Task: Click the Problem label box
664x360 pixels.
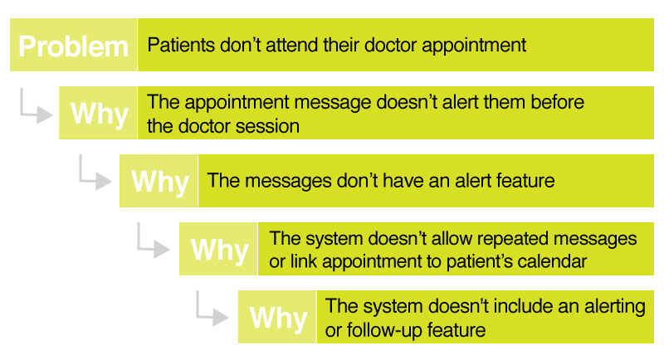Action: coord(73,45)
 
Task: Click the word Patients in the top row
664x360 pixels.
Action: coord(176,45)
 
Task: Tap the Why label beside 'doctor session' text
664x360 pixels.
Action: coord(99,114)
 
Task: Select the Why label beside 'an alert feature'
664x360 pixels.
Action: coord(159,181)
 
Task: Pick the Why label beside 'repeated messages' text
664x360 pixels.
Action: coord(219,249)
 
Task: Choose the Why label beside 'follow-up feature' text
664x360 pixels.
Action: coord(278,318)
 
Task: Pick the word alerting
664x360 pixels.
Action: coord(613,307)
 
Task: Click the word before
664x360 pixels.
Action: coord(557,104)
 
